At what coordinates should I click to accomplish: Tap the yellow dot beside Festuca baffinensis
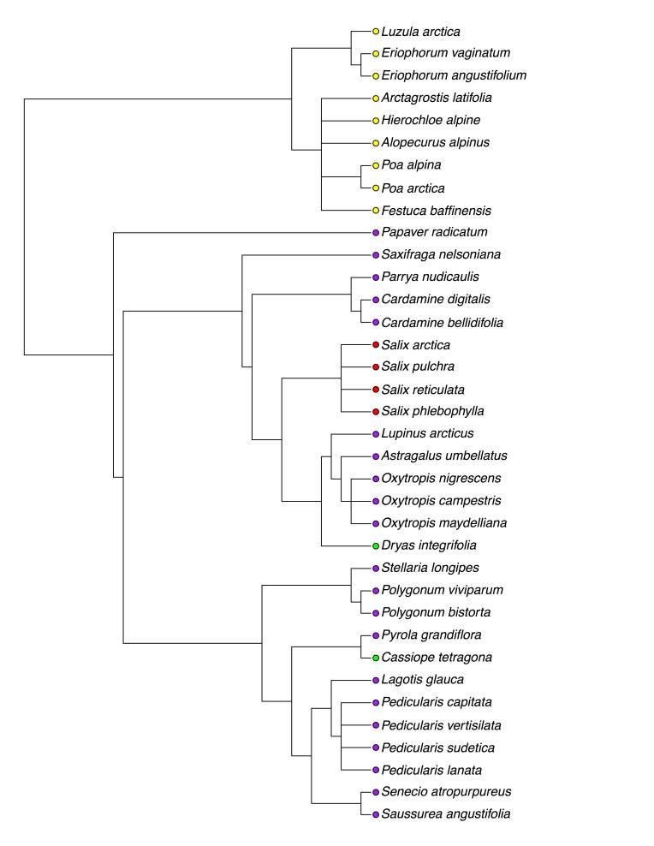(x=375, y=210)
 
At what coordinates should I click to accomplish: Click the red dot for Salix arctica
(x=375, y=344)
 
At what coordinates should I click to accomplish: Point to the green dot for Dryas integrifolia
(x=375, y=545)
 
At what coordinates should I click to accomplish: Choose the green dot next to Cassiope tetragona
(x=375, y=658)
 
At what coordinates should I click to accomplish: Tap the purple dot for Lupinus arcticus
(x=375, y=434)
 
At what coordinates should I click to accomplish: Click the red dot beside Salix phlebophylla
(x=375, y=412)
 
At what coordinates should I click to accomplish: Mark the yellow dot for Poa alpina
(x=375, y=165)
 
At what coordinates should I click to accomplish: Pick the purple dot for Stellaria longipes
(x=375, y=568)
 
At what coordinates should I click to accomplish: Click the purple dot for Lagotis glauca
(x=375, y=680)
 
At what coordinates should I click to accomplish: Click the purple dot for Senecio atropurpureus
(x=375, y=792)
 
